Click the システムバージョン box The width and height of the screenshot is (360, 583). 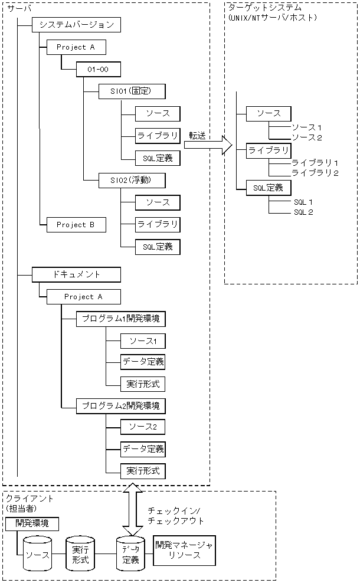click(x=77, y=25)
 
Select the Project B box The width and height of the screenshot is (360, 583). click(x=76, y=225)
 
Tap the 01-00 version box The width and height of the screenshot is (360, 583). click(x=98, y=70)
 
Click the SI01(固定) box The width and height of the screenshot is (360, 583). click(x=124, y=91)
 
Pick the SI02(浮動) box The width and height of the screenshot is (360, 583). click(x=124, y=180)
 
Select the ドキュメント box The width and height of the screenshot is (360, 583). click(x=77, y=274)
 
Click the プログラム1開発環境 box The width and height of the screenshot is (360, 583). click(x=120, y=319)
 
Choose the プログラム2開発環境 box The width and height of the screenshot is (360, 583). click(x=120, y=407)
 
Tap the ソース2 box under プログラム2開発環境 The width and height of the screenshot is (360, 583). click(x=142, y=427)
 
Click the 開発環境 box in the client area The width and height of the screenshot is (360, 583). click(x=28, y=523)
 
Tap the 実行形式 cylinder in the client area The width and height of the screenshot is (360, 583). click(x=80, y=555)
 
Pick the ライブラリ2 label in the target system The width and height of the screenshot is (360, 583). click(x=315, y=173)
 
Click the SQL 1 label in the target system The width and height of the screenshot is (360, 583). click(x=303, y=202)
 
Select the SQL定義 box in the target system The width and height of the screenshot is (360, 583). click(x=269, y=188)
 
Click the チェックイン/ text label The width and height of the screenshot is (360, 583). click(x=175, y=510)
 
